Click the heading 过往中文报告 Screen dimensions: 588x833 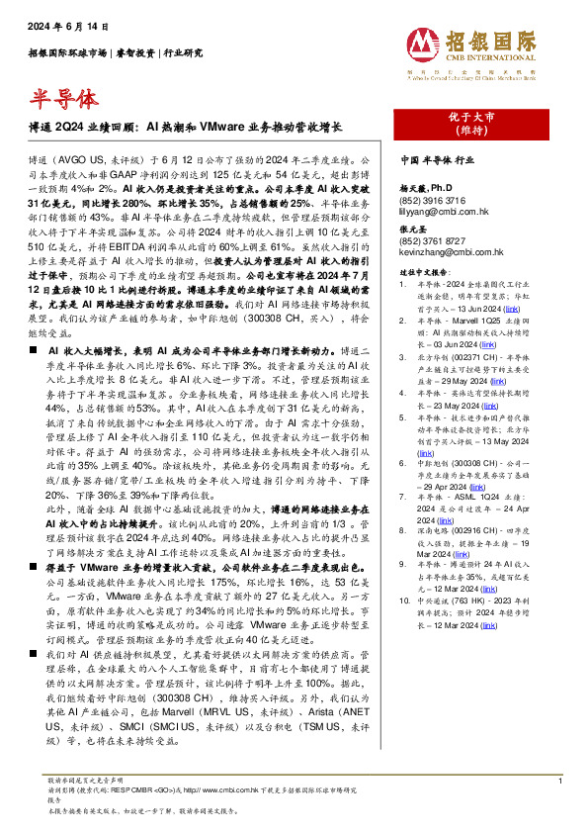(x=423, y=270)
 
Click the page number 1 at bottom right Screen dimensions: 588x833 (x=559, y=782)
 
